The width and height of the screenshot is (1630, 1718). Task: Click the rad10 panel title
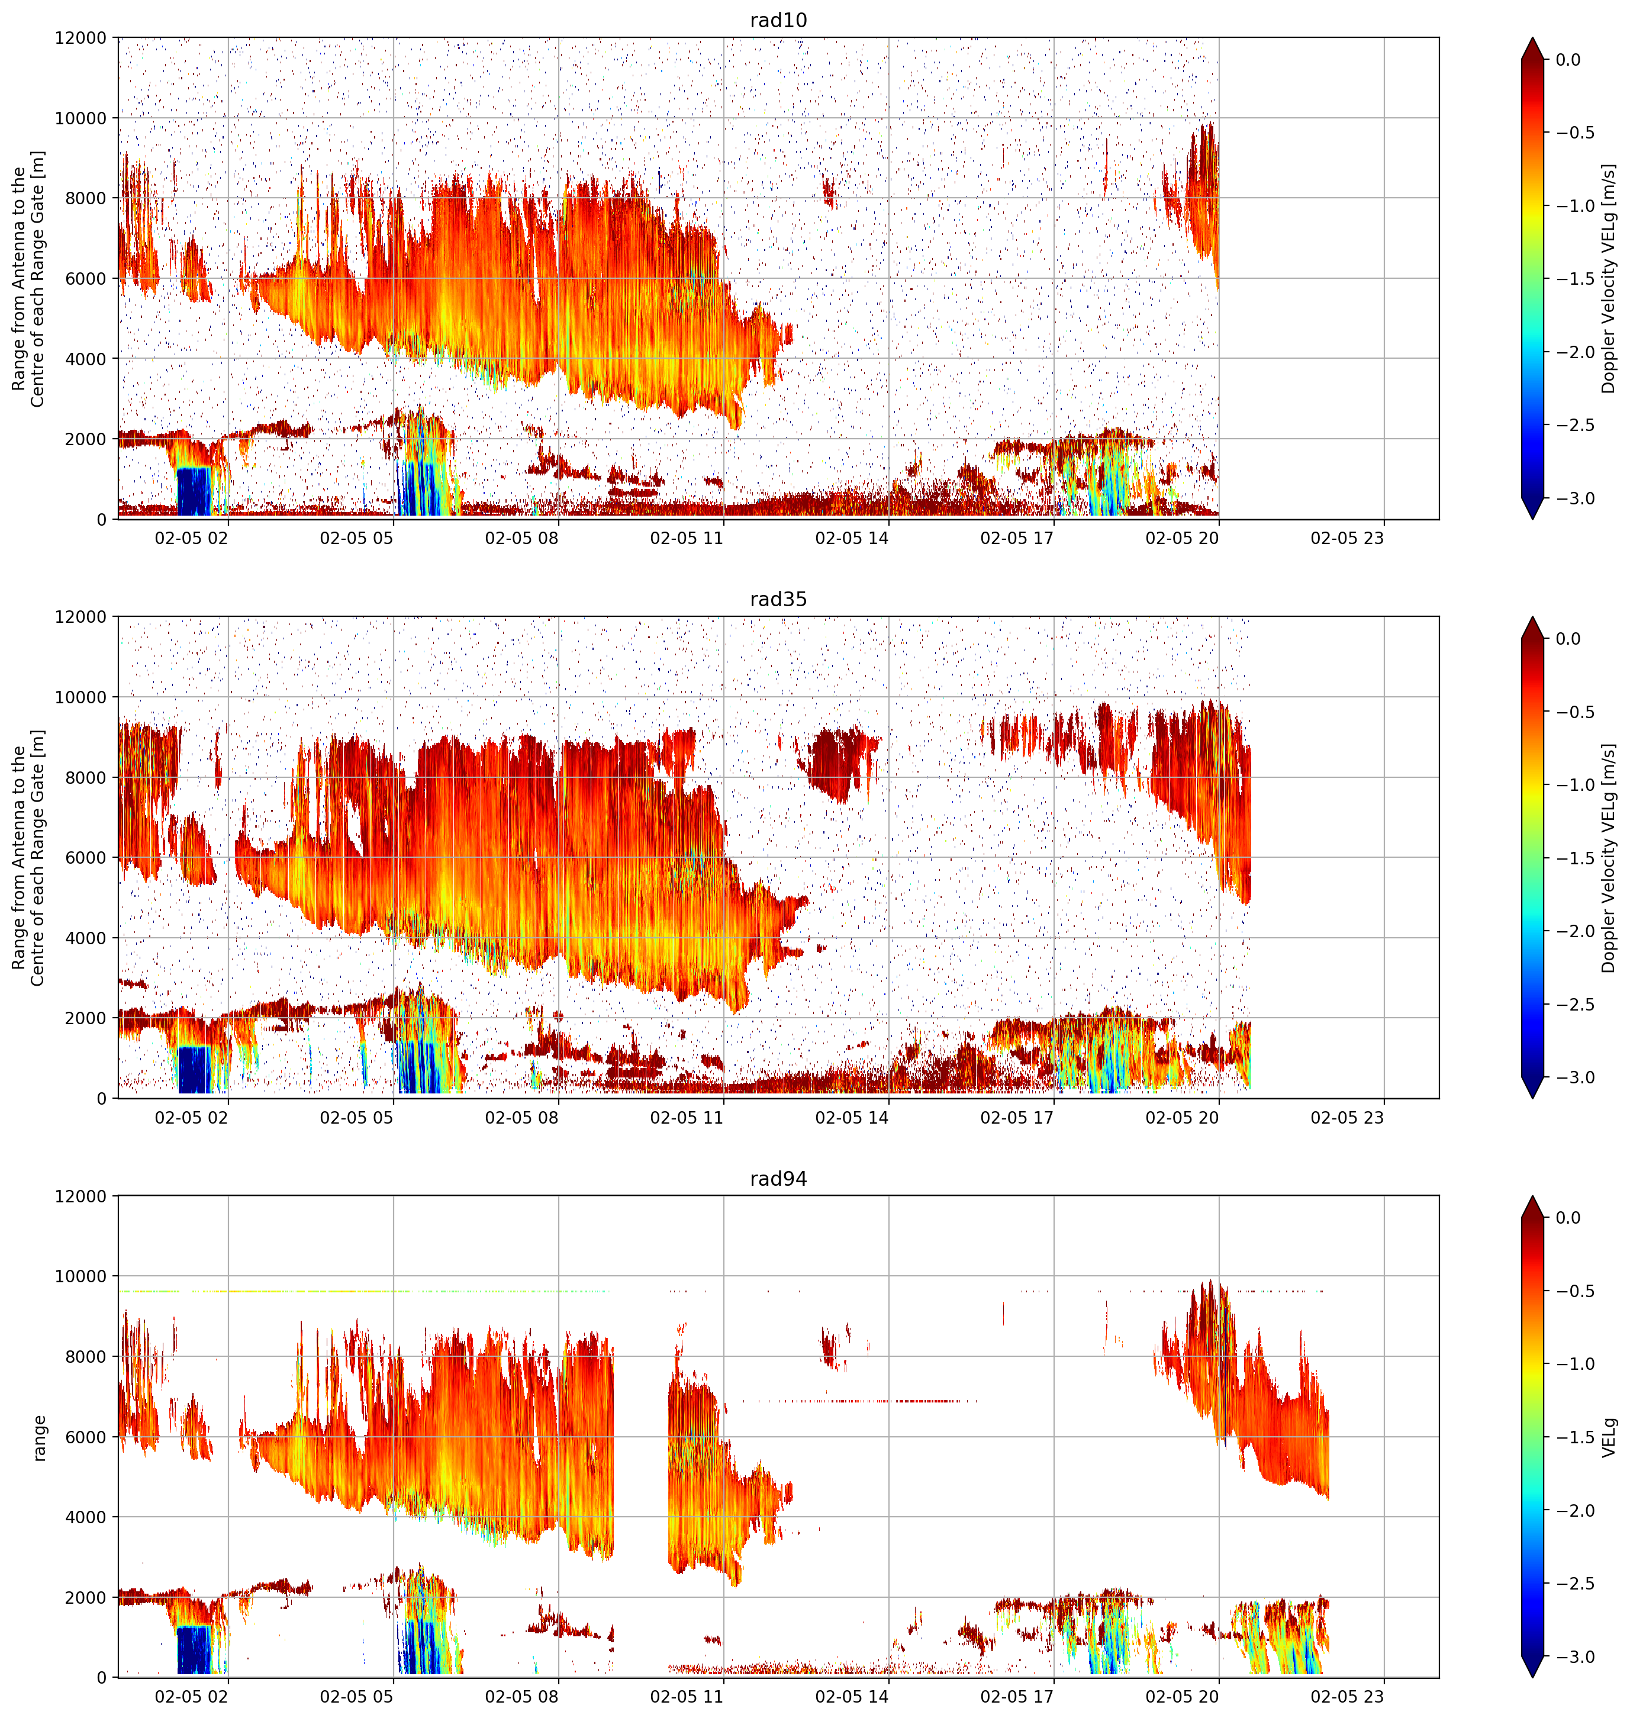778,20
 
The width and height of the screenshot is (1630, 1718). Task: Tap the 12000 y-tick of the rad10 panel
81,38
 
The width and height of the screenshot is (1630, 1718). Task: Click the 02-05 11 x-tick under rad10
687,538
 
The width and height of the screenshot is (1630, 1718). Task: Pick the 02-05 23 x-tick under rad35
1346,1118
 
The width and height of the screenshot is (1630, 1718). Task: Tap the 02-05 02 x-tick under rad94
191,1697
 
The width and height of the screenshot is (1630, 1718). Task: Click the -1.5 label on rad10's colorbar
1574,279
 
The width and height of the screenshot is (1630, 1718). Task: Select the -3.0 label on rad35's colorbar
1574,1077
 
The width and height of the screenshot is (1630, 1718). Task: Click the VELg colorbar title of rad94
1609,1437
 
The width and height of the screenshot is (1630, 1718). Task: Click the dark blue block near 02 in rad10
194,491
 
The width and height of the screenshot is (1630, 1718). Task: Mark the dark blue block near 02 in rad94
194,1649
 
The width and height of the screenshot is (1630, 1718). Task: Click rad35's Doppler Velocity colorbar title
1609,858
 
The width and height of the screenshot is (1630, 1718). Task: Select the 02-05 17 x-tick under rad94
1017,1697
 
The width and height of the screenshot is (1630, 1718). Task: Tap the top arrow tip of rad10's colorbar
1533,37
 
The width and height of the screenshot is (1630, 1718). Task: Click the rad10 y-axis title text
28,278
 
